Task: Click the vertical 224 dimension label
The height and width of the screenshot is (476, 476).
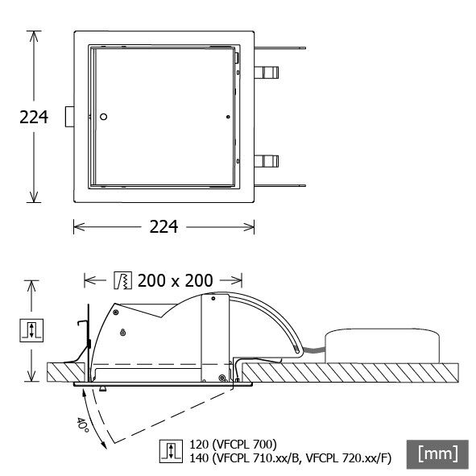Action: [x=34, y=118]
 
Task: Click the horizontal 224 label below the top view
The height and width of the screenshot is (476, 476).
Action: [x=165, y=227]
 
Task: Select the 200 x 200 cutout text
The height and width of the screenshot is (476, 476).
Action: [x=175, y=280]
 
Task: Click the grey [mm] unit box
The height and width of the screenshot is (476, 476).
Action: [x=437, y=453]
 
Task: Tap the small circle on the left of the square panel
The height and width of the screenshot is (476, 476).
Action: [x=102, y=118]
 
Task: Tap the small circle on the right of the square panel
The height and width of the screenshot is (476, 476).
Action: [x=230, y=118]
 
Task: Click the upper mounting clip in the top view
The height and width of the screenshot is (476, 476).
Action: [x=268, y=72]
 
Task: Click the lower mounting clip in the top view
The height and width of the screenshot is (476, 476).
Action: [x=268, y=161]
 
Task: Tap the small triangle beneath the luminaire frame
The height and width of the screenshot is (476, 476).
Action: [x=102, y=389]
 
